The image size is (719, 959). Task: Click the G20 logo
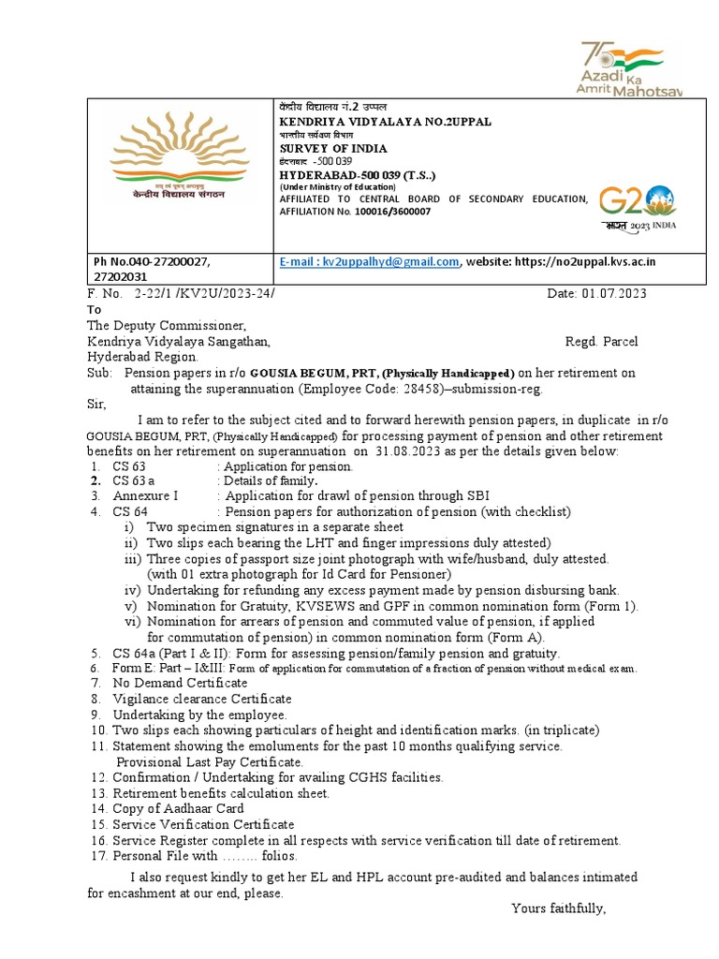point(637,205)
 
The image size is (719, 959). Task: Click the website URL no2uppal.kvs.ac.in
point(582,261)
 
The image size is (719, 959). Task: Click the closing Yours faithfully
point(559,908)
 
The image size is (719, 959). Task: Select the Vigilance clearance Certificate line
point(201,699)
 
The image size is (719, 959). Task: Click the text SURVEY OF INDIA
point(333,149)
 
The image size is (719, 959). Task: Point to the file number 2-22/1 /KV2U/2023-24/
point(205,294)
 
